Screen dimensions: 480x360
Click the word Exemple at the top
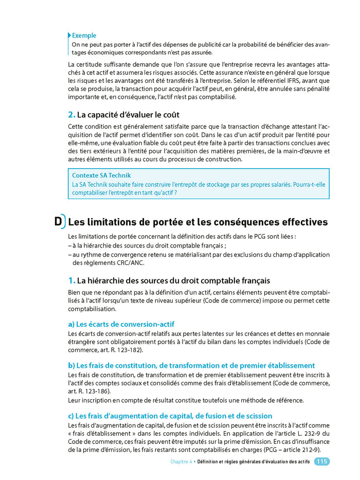(84, 35)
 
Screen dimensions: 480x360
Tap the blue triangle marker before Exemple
(69, 35)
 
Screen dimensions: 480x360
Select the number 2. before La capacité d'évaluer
(71, 114)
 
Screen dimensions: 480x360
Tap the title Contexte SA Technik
(101, 175)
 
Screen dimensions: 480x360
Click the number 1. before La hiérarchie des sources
(71, 280)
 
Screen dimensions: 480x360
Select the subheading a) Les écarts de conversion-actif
(121, 324)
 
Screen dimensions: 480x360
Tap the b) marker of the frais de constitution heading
(71, 365)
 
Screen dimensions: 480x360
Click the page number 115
(322, 462)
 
